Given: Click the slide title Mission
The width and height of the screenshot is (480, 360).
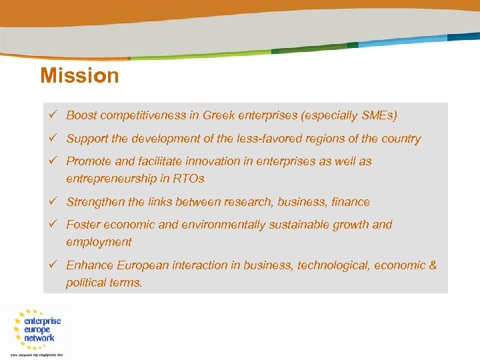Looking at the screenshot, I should click(79, 75).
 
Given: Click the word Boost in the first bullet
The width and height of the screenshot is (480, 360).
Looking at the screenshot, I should click(81, 115).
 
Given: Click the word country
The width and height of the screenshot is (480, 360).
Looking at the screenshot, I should click(399, 139).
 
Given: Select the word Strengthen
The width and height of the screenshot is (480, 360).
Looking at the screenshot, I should click(94, 202).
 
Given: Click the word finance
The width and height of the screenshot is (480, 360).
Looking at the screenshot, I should click(350, 202).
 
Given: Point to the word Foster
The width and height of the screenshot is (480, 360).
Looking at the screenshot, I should click(83, 225).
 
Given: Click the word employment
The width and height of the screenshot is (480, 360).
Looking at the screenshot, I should click(99, 242).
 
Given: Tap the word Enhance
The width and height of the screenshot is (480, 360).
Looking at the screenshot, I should click(89, 265).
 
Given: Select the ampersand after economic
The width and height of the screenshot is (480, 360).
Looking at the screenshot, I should click(433, 265).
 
